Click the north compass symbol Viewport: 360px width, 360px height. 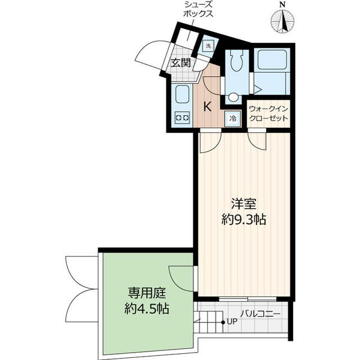[x=283, y=21]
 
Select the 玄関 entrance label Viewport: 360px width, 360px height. [x=181, y=63]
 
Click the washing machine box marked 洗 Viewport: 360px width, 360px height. [x=208, y=46]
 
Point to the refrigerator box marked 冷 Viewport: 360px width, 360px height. [x=232, y=118]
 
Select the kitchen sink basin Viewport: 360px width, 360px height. [x=182, y=94]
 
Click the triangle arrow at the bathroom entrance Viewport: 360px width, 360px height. [x=256, y=89]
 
